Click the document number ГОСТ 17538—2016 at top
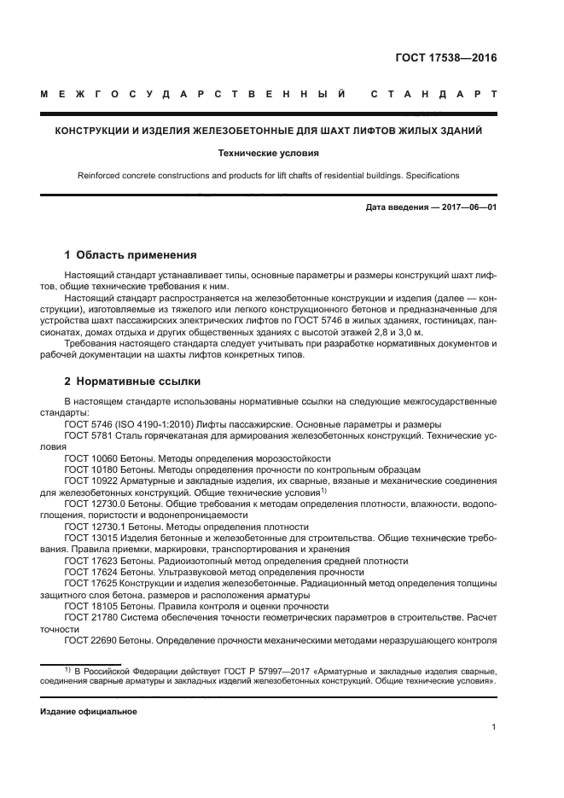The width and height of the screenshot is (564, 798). [x=445, y=59]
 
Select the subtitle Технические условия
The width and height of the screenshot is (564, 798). [x=281, y=154]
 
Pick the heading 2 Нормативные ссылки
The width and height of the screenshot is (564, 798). [x=132, y=382]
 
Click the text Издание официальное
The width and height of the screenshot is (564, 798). [x=89, y=710]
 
